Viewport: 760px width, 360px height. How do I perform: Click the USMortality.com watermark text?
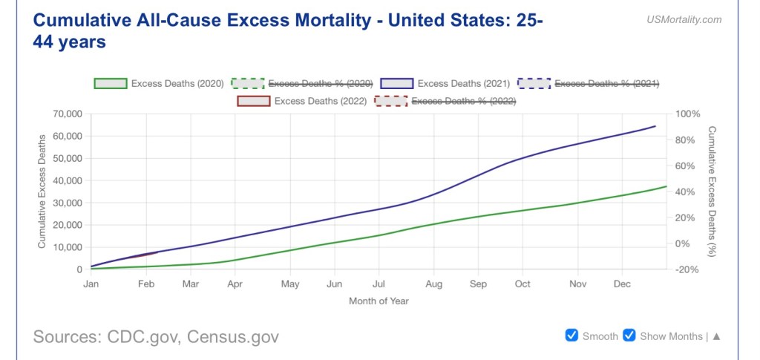point(684,20)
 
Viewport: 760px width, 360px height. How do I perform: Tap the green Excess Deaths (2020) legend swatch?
point(110,83)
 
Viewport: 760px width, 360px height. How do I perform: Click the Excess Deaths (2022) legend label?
point(320,101)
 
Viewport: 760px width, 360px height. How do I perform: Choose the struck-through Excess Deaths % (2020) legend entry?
point(320,83)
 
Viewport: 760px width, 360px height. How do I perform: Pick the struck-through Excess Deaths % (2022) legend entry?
point(463,101)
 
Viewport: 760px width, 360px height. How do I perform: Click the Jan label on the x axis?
point(91,284)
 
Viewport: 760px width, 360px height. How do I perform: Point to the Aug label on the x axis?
point(434,284)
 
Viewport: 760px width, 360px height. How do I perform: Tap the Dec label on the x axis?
point(622,284)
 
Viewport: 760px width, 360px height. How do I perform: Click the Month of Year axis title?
point(379,301)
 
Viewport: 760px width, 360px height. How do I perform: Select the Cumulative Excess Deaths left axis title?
point(42,191)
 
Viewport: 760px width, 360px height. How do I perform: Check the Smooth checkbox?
point(571,336)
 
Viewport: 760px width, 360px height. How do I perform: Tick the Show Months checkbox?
point(629,336)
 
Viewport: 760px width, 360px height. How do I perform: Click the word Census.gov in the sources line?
point(233,337)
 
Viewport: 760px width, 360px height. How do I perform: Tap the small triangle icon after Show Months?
point(716,336)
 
